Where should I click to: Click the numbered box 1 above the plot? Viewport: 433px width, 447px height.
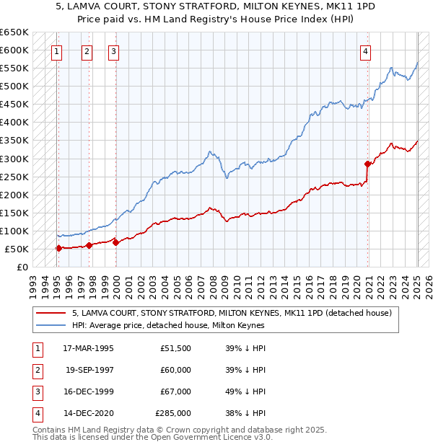56,51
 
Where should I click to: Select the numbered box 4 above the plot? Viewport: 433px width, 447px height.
366,51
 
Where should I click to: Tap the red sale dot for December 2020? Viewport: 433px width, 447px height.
367,164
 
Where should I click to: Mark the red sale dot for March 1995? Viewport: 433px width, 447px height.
58,248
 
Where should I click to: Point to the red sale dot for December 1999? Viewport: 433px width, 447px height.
116,242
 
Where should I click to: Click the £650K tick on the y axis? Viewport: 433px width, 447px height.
14,32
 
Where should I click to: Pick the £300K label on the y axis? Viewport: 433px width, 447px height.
14,159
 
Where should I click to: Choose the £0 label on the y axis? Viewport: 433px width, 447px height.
22,267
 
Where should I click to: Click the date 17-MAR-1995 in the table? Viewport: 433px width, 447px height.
88,348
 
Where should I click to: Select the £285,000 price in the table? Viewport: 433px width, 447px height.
173,413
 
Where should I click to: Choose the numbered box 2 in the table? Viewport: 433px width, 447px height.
37,370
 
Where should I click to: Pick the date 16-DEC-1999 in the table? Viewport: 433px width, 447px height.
88,391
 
